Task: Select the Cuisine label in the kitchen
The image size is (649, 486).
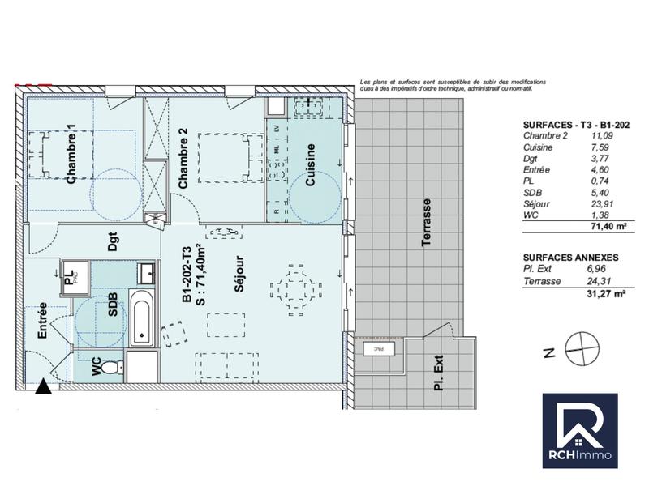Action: tap(310, 165)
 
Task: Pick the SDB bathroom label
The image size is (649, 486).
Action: tap(113, 305)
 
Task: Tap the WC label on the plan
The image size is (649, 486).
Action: tap(97, 366)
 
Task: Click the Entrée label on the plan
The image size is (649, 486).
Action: tap(41, 320)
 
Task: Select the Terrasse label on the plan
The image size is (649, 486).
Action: tap(426, 223)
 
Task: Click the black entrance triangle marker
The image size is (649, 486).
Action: tap(43, 386)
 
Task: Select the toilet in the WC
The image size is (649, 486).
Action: tap(117, 367)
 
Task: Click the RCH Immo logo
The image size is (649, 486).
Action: tap(579, 431)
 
